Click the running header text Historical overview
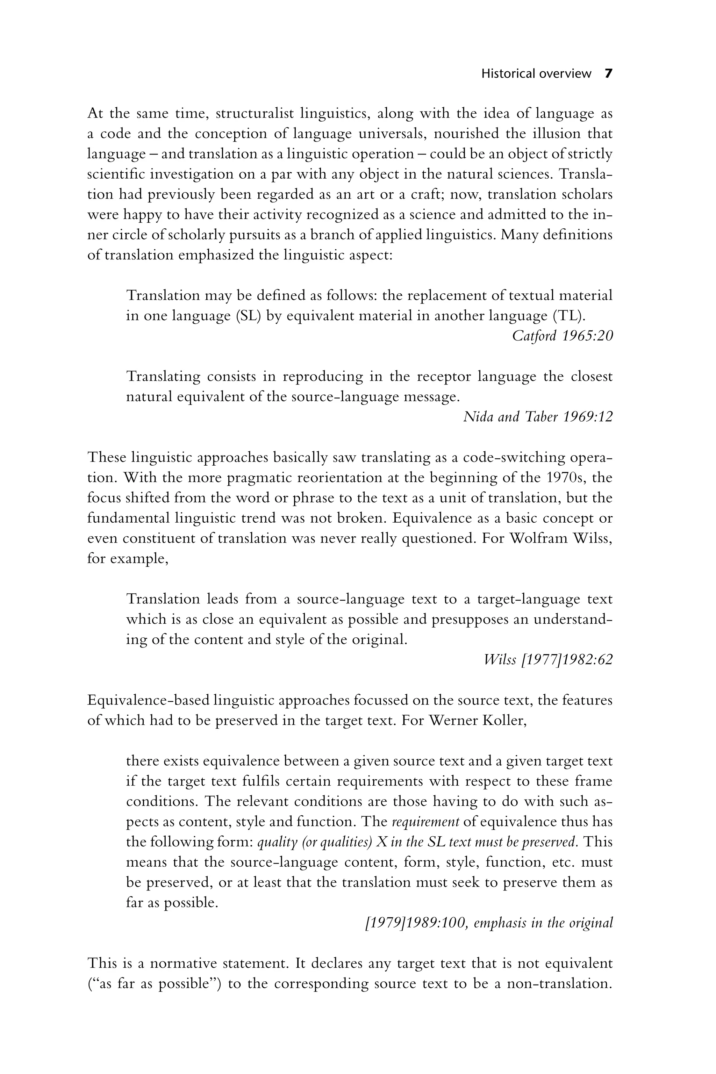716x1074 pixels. click(536, 74)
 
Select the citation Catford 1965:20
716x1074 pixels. click(562, 336)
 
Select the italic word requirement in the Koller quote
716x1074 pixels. click(425, 822)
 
